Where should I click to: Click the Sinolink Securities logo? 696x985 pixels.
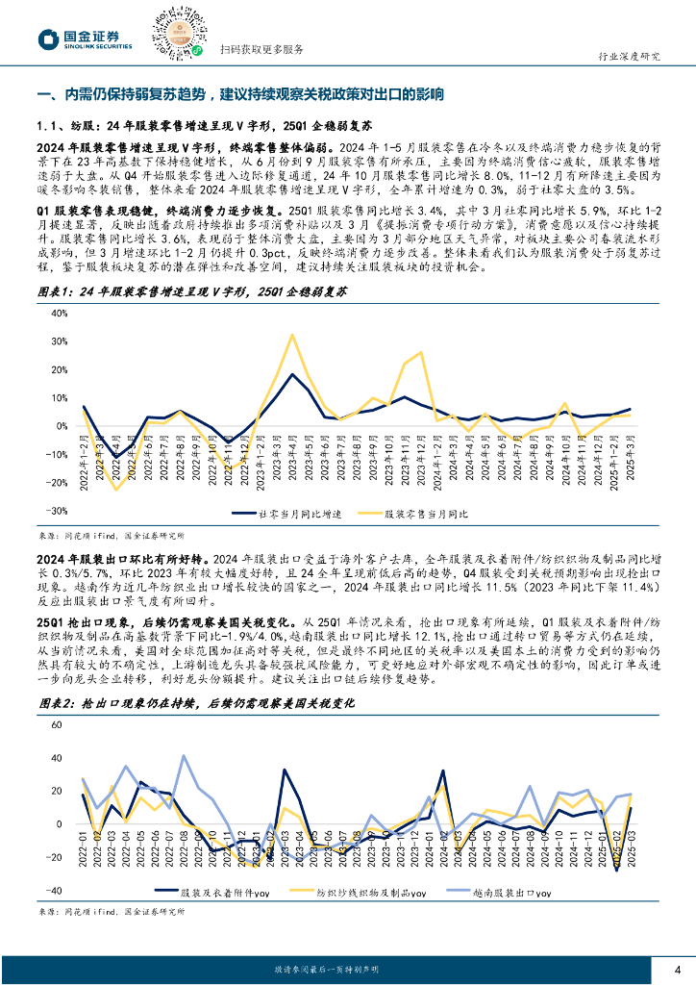click(85, 38)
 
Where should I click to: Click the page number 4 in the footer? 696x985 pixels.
click(677, 968)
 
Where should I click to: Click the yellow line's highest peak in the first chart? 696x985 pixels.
click(291, 335)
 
